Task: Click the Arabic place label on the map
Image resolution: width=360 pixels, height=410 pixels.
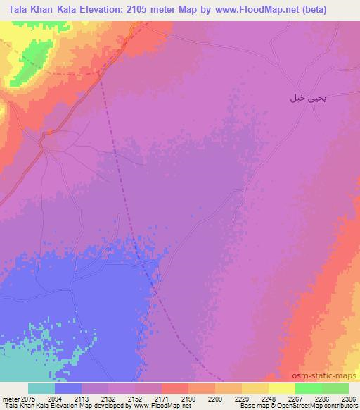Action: pos(308,98)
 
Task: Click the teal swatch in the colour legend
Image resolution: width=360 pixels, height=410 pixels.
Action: pos(41,388)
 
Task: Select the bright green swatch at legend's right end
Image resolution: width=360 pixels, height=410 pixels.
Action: pos(335,388)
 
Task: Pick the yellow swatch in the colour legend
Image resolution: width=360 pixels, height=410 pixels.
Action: pos(282,388)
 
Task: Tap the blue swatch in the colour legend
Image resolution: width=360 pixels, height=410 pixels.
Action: pos(68,388)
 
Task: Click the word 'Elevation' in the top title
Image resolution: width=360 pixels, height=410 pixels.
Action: pos(115,9)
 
